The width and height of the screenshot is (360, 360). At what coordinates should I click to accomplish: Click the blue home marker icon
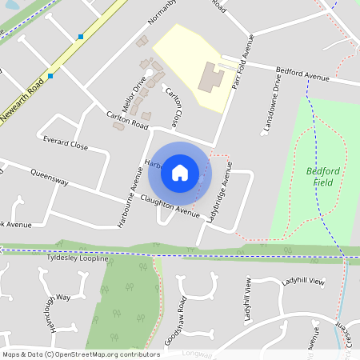click(180, 172)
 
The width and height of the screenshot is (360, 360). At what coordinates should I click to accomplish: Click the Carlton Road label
click(127, 121)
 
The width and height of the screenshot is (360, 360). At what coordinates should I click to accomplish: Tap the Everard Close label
click(66, 145)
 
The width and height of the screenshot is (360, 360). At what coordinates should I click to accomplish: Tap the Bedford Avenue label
click(302, 74)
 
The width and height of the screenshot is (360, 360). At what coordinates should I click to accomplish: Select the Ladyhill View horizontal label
click(303, 282)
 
